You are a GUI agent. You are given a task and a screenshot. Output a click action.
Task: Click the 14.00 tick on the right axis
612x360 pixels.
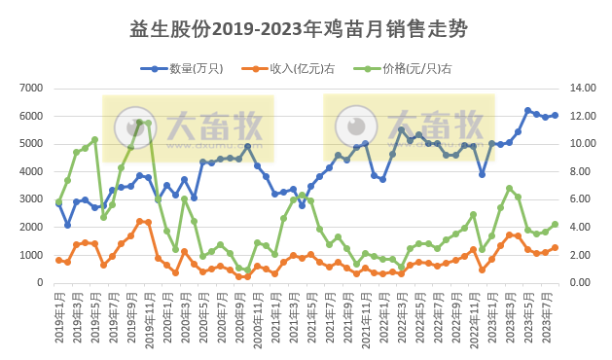583,89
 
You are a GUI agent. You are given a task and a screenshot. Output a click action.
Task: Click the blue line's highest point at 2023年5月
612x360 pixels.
527,111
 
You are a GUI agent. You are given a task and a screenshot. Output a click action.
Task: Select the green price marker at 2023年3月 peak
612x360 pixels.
509,188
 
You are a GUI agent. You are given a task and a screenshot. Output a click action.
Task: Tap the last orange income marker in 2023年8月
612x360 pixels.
555,247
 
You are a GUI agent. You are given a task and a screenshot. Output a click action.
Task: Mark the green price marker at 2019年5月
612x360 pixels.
94,139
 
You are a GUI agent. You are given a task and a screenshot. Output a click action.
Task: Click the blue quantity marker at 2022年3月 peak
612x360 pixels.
401,129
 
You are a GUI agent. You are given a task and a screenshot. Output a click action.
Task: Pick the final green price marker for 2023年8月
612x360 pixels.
555,224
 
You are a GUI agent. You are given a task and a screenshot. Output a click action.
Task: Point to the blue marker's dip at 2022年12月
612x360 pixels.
482,174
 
